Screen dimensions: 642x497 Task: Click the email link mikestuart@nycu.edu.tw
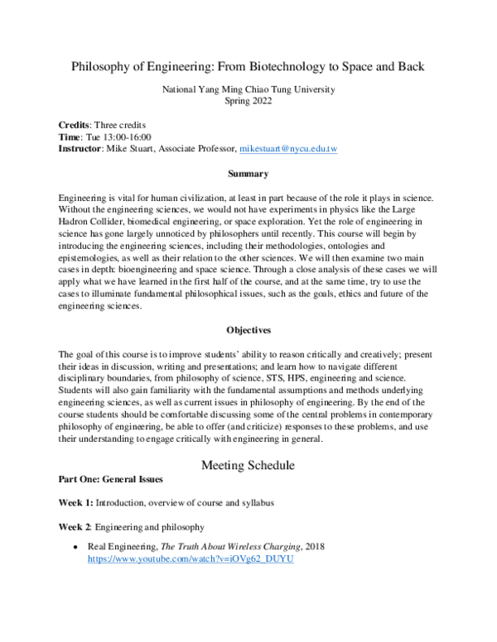pyautogui.click(x=288, y=149)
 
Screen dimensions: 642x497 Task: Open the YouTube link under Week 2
pyautogui.click(x=191, y=559)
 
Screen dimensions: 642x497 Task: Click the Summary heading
pyautogui.click(x=248, y=175)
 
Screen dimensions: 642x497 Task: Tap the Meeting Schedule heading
pyautogui.click(x=248, y=465)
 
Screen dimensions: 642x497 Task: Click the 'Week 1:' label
pyautogui.click(x=75, y=503)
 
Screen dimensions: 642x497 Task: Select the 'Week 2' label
pyautogui.click(x=75, y=526)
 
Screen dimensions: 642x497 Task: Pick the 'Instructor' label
pyautogui.click(x=82, y=149)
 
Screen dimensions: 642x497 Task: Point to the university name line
pyautogui.click(x=248, y=89)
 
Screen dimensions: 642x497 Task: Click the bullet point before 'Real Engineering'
pyautogui.click(x=76, y=548)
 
